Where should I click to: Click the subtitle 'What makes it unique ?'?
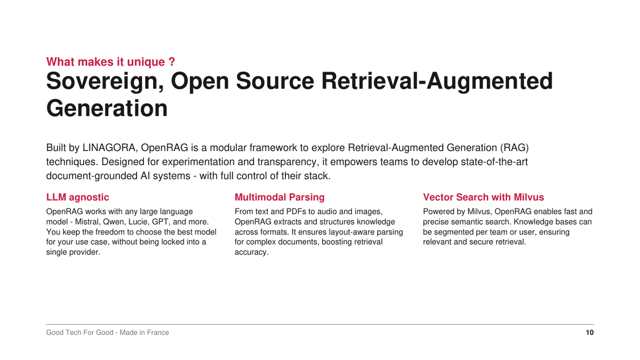click(110, 62)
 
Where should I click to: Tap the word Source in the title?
click(275, 81)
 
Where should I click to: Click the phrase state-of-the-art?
click(494, 162)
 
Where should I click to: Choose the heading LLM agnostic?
click(77, 197)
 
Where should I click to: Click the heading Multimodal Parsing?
click(279, 197)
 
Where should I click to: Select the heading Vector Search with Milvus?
click(483, 197)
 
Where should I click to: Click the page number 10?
click(590, 333)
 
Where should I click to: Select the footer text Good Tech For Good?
click(79, 333)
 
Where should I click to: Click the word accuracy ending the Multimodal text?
click(252, 252)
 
